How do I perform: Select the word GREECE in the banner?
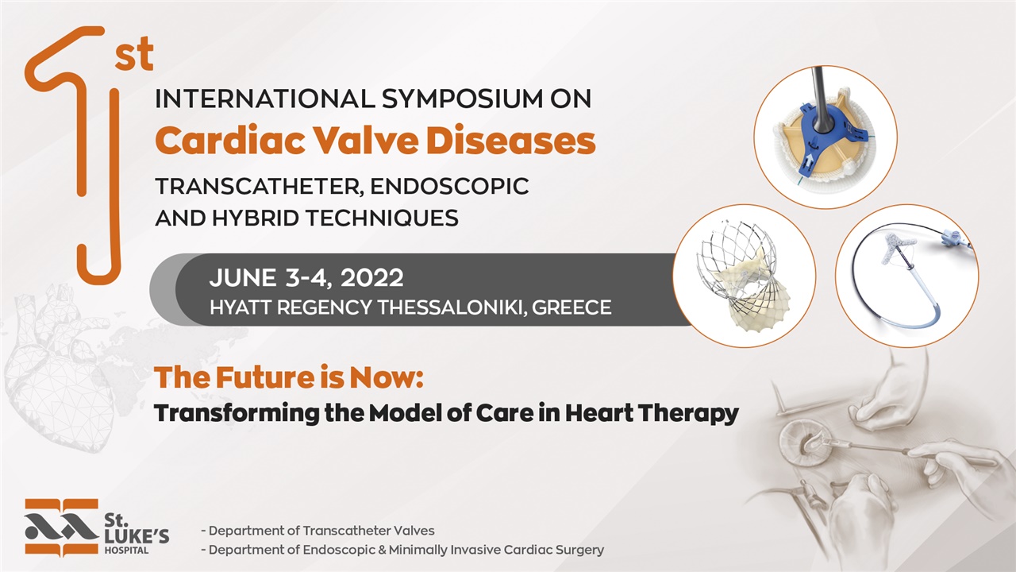click(x=571, y=308)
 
